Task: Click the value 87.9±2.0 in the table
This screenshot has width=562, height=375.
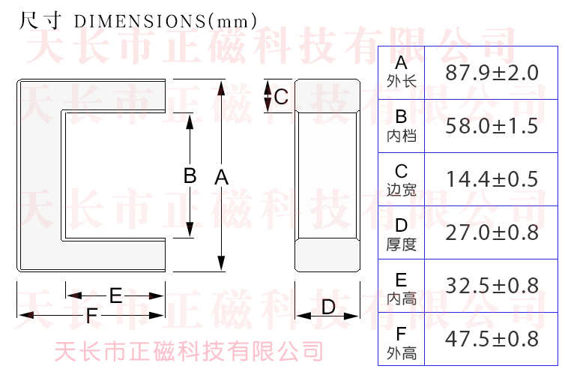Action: pyautogui.click(x=492, y=73)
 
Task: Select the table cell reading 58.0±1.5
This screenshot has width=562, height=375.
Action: pyautogui.click(x=492, y=126)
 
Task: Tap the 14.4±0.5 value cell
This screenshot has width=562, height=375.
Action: pyautogui.click(x=492, y=179)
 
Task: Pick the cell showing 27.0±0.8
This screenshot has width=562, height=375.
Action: pyautogui.click(x=492, y=232)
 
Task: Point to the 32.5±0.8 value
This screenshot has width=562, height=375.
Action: pyautogui.click(x=492, y=286)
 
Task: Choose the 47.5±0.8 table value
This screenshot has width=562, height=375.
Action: pyautogui.click(x=492, y=339)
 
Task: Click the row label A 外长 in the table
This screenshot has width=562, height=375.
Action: pyautogui.click(x=402, y=72)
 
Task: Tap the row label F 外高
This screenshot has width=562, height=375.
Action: pyautogui.click(x=402, y=343)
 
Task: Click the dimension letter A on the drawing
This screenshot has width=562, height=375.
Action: pyautogui.click(x=222, y=177)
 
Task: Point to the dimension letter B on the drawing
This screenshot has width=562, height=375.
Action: pyautogui.click(x=190, y=175)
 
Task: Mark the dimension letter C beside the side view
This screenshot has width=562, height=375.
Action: pyautogui.click(x=281, y=97)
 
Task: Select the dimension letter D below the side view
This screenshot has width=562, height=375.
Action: pyautogui.click(x=328, y=307)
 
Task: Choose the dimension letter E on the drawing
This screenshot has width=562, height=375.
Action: pyautogui.click(x=115, y=295)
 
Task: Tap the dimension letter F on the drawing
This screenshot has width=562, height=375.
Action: pyautogui.click(x=91, y=316)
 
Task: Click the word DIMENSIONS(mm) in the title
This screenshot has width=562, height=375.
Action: pyautogui.click(x=166, y=21)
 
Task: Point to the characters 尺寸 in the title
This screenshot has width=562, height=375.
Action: pyautogui.click(x=40, y=20)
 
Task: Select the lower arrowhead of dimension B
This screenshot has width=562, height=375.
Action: pyautogui.click(x=190, y=229)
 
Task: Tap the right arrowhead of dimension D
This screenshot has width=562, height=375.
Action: pyautogui.click(x=351, y=316)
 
